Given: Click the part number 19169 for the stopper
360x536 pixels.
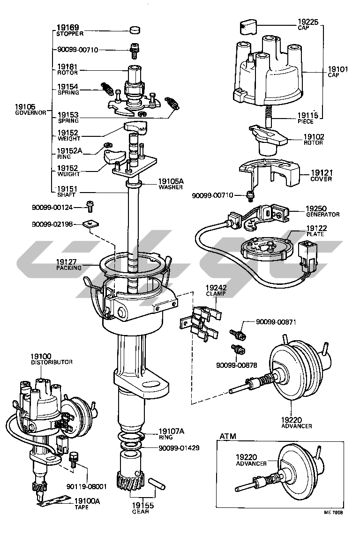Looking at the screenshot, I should (67, 28).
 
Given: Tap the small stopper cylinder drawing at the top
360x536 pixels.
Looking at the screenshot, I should (135, 30).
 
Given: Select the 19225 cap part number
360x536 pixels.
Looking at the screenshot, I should (309, 22).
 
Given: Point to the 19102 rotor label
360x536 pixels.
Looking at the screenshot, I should (313, 137).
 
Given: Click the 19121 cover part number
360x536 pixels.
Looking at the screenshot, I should (321, 173).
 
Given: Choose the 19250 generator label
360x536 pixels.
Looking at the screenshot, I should (316, 208).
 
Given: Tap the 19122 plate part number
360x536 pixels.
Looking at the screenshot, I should (316, 228).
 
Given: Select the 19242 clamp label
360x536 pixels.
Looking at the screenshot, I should (216, 288).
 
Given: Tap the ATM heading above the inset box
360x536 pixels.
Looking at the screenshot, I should (228, 436).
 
